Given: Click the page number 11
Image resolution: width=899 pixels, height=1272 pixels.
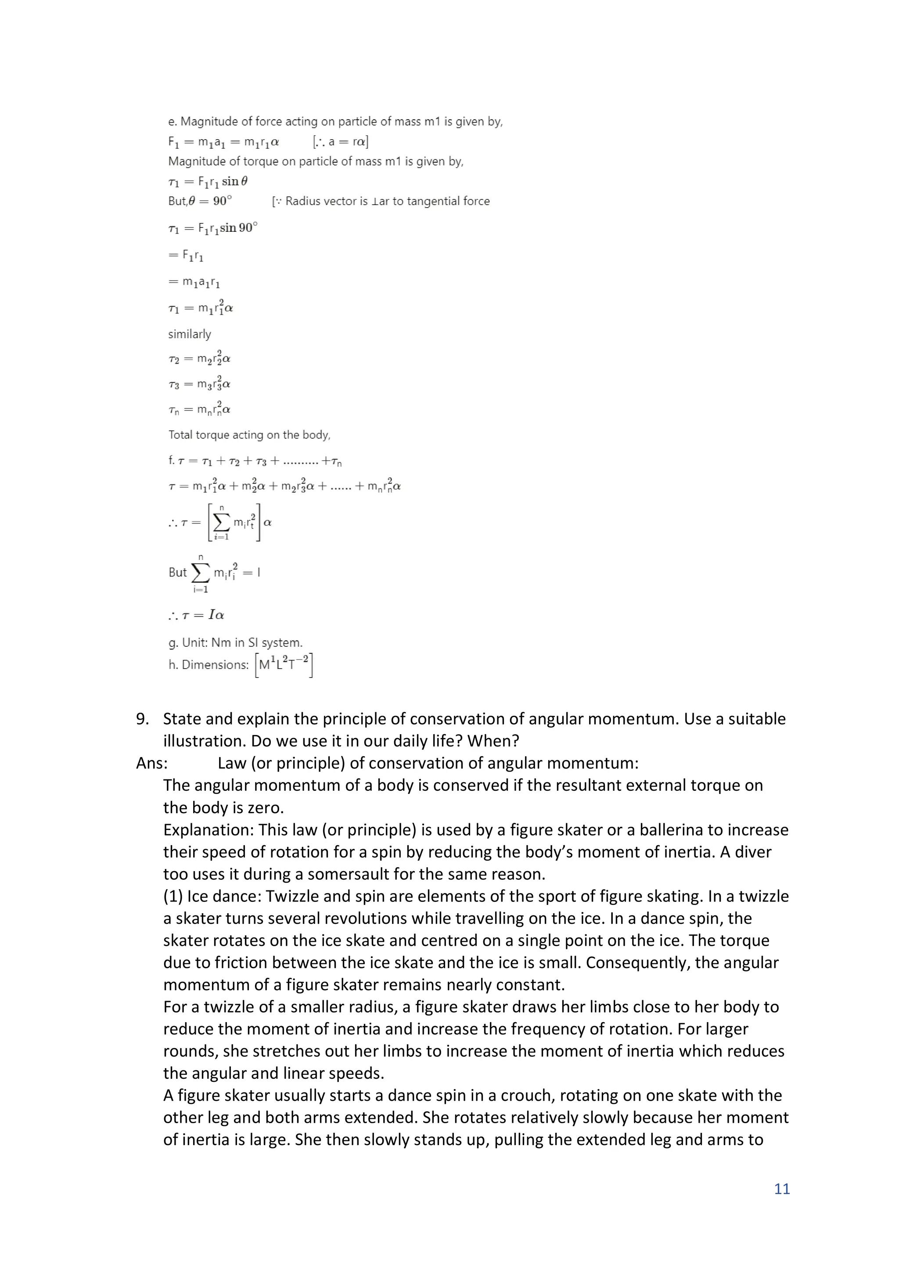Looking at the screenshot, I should pos(781,1188).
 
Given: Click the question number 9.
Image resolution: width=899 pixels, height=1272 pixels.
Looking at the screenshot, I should pos(142,719).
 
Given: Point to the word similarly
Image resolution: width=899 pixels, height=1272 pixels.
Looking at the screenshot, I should pos(190,334).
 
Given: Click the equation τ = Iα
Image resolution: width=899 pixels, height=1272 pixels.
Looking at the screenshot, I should pos(197,615).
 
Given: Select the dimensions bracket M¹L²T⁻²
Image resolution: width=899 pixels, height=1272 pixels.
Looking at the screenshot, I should pos(284,664).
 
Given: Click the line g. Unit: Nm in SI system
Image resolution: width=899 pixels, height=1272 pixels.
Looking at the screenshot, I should pos(235,643).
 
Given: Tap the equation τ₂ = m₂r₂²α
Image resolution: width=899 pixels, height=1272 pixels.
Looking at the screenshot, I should pos(199,358).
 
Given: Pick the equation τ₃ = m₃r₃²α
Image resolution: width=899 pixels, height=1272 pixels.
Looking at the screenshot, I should pos(199,383).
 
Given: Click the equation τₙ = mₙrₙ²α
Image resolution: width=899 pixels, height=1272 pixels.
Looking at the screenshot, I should pos(199,409).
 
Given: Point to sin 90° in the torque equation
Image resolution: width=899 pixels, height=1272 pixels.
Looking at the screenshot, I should pos(239,228).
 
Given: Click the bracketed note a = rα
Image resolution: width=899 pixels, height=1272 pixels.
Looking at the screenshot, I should pos(340,142).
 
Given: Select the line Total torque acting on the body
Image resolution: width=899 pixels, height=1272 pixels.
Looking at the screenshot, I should pos(249,435).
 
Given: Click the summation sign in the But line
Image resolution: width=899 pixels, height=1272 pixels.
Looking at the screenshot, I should pos(201,573).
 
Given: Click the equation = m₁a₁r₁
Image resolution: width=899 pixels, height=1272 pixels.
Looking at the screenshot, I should pos(194,282).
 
